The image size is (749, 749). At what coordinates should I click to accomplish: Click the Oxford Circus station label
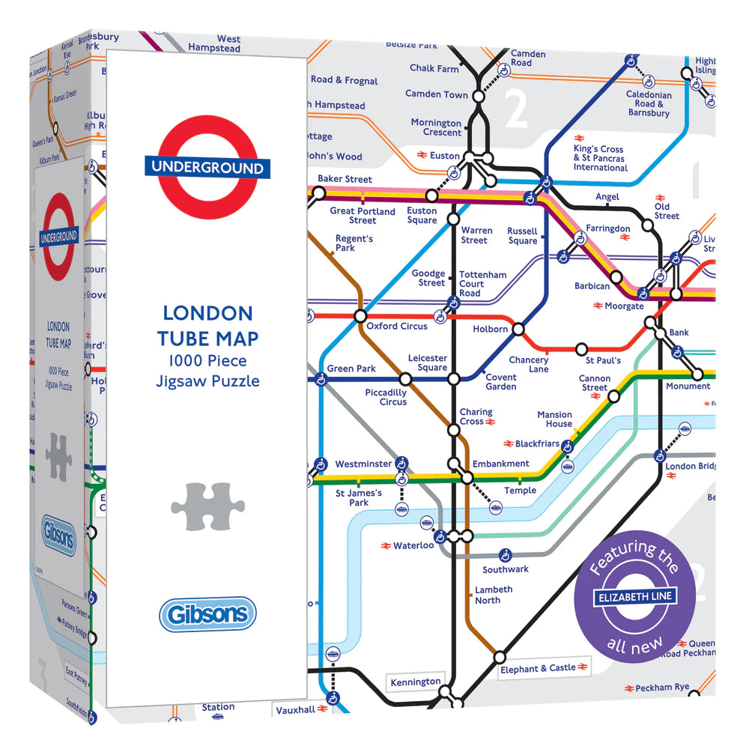397,327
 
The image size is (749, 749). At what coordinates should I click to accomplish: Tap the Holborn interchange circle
518,329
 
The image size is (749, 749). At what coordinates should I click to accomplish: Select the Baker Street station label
345,180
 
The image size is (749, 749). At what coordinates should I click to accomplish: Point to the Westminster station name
363,464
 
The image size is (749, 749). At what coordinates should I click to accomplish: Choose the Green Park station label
351,369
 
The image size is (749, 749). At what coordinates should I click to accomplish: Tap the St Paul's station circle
580,349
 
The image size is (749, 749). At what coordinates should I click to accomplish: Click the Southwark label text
506,569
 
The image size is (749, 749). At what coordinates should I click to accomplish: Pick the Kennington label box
416,682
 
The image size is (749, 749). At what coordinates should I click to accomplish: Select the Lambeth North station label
494,595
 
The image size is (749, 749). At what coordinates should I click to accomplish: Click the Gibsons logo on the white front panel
207,614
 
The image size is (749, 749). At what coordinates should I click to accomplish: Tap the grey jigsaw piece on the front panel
202,506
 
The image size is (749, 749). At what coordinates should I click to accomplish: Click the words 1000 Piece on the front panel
207,361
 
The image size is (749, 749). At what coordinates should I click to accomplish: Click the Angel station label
607,197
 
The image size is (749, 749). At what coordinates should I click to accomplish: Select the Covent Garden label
501,382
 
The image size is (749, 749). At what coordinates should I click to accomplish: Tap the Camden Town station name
437,94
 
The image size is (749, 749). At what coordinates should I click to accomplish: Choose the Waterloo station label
413,545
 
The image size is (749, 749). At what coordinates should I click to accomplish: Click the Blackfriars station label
537,444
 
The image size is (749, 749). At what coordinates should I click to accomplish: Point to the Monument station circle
697,374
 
